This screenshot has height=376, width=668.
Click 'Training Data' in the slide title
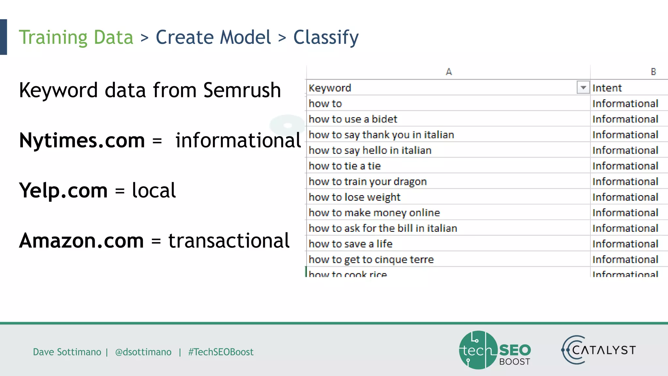(x=76, y=37)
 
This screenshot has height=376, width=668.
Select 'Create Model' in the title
(x=213, y=37)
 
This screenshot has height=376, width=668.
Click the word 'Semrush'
(x=242, y=90)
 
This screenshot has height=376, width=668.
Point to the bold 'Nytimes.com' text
(x=82, y=140)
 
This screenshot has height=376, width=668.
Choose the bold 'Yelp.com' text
(x=63, y=190)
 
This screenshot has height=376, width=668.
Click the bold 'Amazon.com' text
(x=82, y=241)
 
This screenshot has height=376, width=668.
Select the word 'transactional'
(x=229, y=241)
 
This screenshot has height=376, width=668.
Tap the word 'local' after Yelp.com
(x=154, y=190)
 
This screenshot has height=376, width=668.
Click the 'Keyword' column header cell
(x=330, y=88)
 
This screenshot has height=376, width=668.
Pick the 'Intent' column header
(x=607, y=88)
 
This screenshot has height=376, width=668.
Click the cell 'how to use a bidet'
(x=353, y=119)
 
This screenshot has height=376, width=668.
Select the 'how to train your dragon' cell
(x=368, y=181)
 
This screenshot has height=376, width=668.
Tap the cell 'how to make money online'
(x=374, y=213)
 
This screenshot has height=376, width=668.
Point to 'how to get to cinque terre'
(x=371, y=259)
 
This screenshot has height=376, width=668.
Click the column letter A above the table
(x=449, y=72)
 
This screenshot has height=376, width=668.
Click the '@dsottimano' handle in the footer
(x=143, y=352)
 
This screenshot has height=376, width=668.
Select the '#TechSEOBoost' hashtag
(x=221, y=352)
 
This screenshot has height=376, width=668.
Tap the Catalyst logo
(x=599, y=350)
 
